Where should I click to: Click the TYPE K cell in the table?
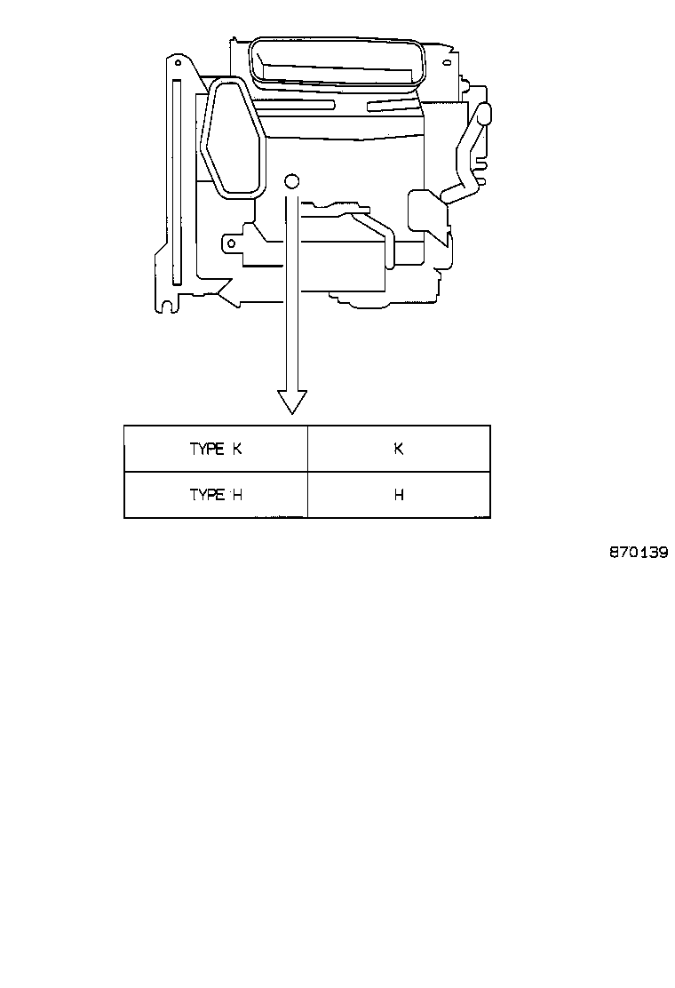point(216,449)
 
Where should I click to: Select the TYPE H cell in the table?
point(216,495)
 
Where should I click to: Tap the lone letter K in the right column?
point(399,449)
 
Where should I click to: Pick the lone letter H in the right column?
point(399,495)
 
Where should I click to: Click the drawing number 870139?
point(639,553)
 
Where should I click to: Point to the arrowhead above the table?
point(292,402)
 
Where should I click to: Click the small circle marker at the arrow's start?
point(291,181)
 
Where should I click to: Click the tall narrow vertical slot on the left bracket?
point(177,181)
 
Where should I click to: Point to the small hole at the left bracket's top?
point(179,63)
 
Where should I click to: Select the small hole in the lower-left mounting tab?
point(232,243)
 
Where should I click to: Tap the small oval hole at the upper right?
point(447,63)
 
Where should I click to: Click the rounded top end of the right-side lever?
point(485,114)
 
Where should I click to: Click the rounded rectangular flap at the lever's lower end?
point(427,211)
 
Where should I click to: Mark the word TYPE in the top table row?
point(207,449)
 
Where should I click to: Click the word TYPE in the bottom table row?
point(207,495)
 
